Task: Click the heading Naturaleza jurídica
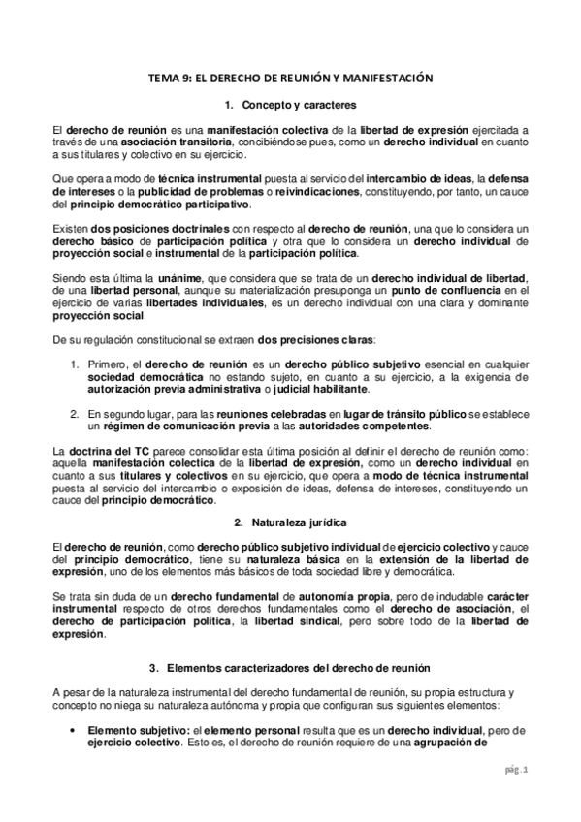[295, 522]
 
